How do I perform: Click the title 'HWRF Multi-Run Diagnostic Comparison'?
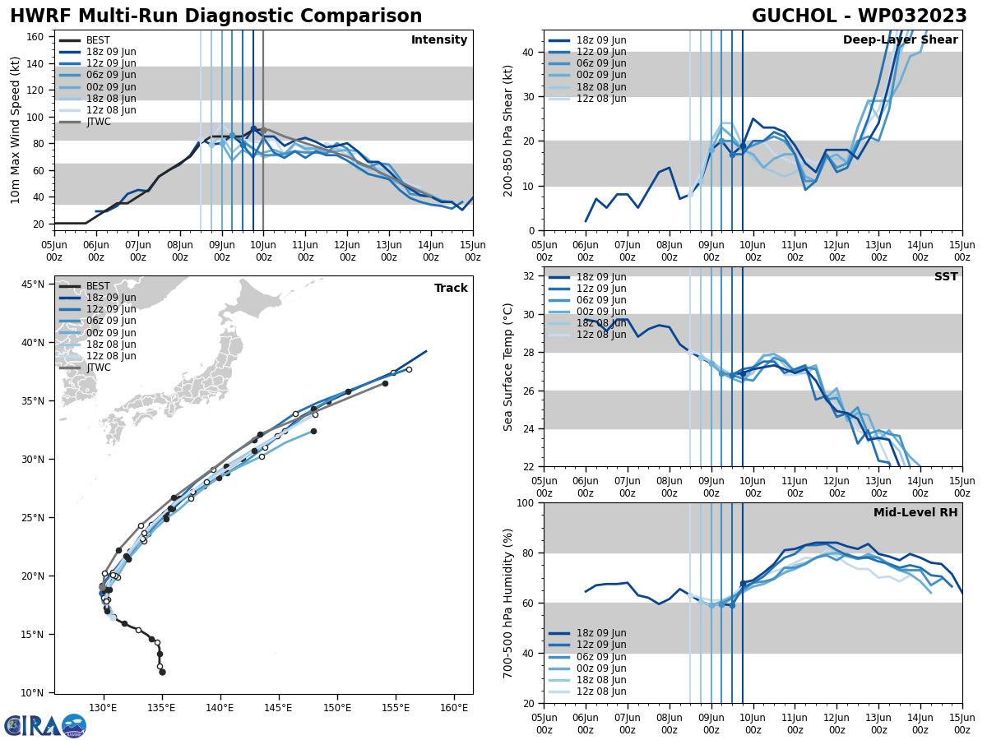(x=215, y=16)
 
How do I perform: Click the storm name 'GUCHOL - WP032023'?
(x=859, y=16)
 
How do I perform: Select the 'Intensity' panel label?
(x=438, y=40)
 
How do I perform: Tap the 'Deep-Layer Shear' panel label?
(x=900, y=40)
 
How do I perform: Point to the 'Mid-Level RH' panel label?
(x=915, y=513)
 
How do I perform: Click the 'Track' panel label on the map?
(x=451, y=289)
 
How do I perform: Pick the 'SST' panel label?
(x=945, y=277)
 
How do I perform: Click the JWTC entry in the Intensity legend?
(x=98, y=122)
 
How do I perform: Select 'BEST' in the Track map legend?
(x=98, y=286)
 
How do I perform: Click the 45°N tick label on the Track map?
(x=33, y=284)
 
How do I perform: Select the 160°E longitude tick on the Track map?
(x=454, y=707)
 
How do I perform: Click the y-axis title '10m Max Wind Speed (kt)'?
(x=16, y=130)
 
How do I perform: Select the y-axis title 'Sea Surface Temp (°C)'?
(x=508, y=367)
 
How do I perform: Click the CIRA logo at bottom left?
(x=44, y=725)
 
